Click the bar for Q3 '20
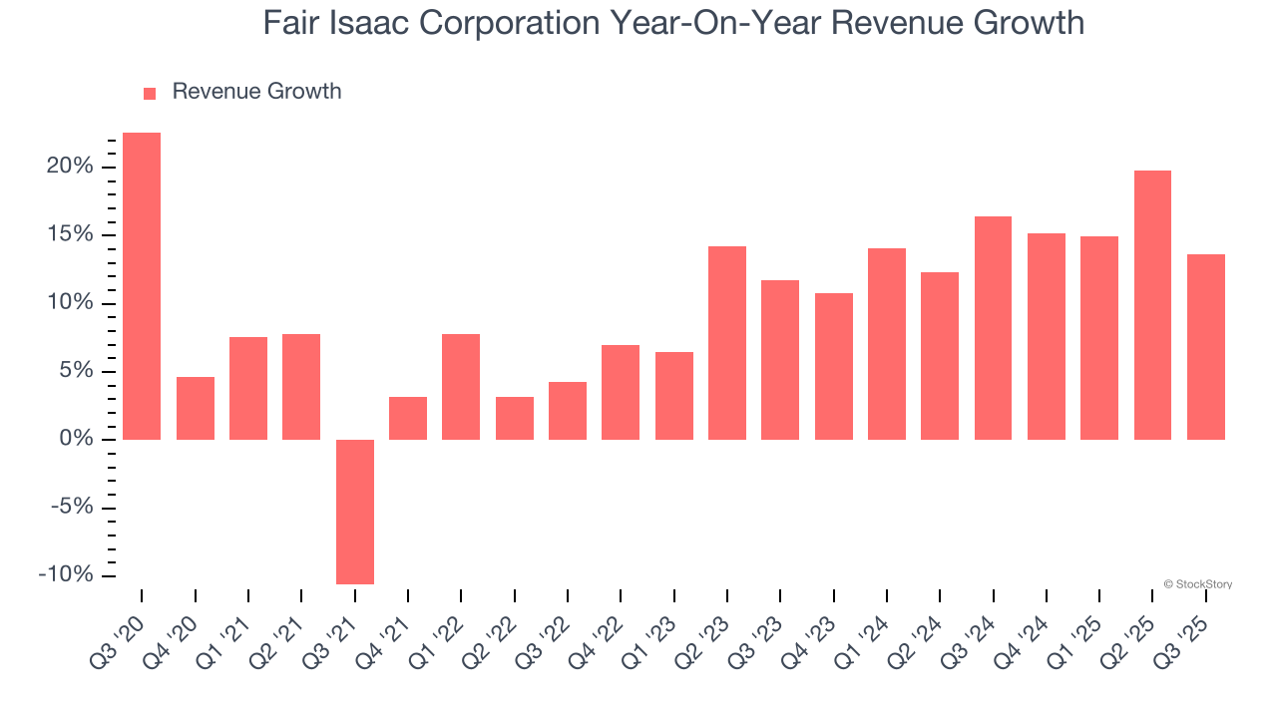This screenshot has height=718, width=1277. [142, 286]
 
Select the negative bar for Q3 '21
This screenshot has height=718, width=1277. [355, 512]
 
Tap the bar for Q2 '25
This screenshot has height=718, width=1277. [1152, 305]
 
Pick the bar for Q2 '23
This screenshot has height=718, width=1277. [727, 343]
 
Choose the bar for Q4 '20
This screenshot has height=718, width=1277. [196, 408]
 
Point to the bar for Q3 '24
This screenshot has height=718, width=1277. [993, 328]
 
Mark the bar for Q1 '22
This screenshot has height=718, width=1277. [461, 387]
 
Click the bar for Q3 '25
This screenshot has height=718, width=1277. [1206, 347]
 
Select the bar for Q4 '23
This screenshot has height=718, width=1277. [834, 366]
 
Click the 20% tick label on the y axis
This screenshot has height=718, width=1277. [70, 167]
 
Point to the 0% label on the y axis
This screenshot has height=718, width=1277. [76, 440]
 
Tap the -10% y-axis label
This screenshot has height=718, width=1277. [66, 575]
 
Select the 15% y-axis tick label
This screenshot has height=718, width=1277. [70, 235]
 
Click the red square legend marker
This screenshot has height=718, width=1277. [150, 93]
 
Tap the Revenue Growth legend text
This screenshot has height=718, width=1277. [256, 92]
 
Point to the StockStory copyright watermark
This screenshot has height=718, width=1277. [1197, 584]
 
